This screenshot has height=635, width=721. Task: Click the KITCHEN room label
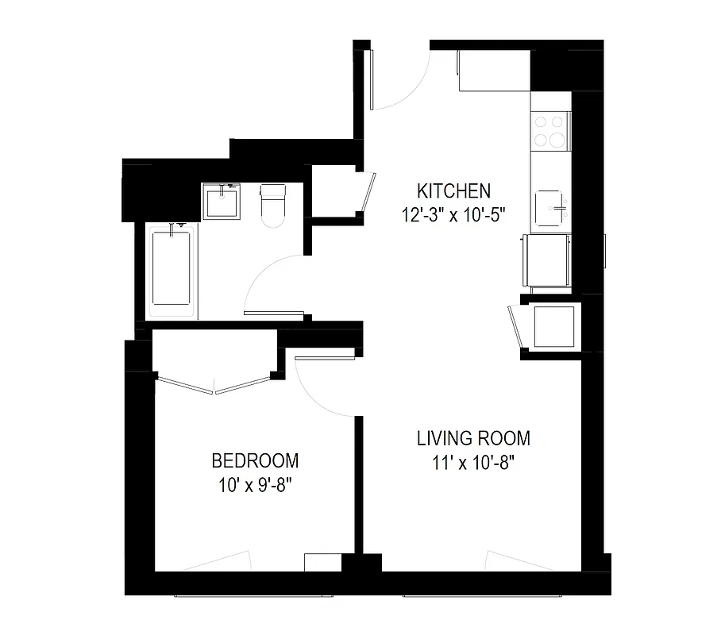click(454, 190)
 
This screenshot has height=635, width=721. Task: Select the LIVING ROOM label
click(474, 438)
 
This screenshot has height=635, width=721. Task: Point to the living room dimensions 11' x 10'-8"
click(474, 462)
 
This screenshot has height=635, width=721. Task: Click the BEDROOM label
click(255, 460)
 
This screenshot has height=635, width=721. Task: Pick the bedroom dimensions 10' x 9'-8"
click(255, 484)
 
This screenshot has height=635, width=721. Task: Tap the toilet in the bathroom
click(272, 204)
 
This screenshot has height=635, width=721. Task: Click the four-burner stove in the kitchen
click(550, 131)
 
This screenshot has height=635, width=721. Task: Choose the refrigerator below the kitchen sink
click(548, 260)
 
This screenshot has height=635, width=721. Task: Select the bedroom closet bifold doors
click(214, 387)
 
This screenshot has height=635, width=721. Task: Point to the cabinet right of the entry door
click(493, 71)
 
